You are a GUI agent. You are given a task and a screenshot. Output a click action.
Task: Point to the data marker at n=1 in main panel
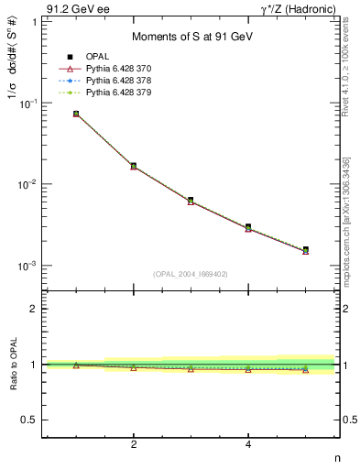pyautogui.click(x=76, y=114)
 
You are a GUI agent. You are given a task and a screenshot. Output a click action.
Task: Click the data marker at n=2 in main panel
pyautogui.click(x=134, y=166)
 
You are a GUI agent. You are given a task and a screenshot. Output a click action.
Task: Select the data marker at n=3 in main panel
pyautogui.click(x=191, y=200)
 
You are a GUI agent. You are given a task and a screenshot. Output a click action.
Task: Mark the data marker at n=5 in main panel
pyautogui.click(x=305, y=249)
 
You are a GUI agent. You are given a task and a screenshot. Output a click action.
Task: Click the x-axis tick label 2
pyautogui.click(x=134, y=444)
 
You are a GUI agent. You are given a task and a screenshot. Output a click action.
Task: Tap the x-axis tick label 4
pyautogui.click(x=248, y=444)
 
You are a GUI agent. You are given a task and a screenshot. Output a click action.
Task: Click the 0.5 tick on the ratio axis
pyautogui.click(x=32, y=420)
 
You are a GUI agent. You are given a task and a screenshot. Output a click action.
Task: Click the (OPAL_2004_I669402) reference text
pyautogui.click(x=191, y=273)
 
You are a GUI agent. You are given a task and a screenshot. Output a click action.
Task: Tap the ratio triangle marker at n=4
pyautogui.click(x=248, y=369)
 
